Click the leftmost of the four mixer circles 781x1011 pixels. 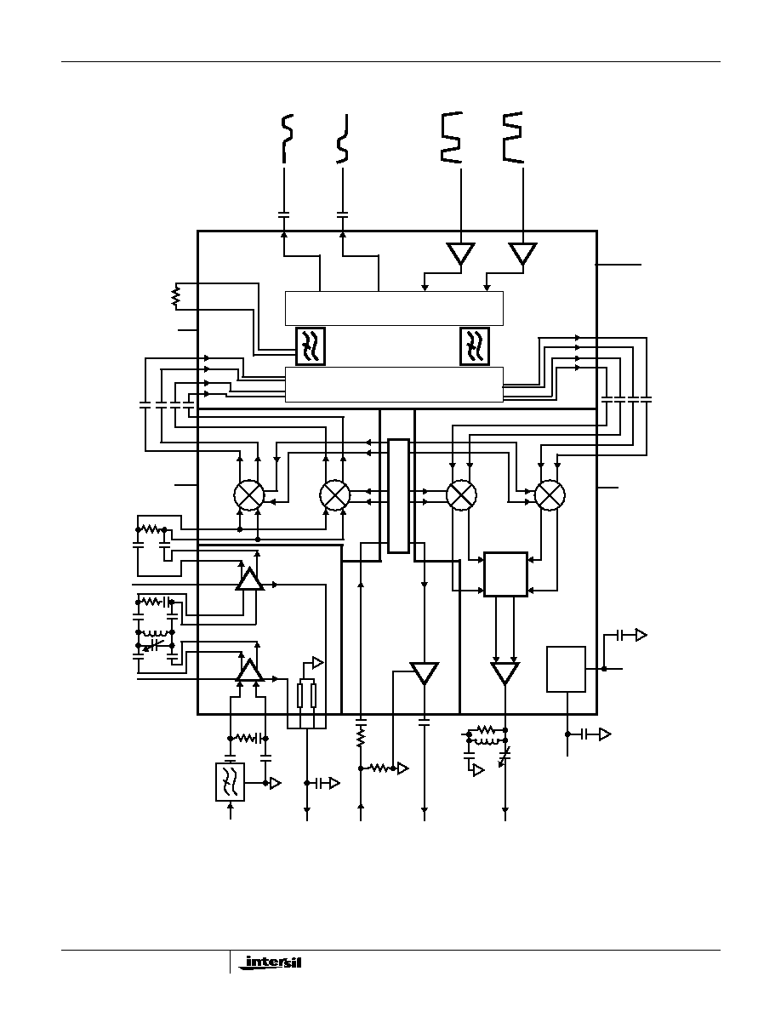[248, 495]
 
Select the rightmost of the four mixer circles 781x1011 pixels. [550, 495]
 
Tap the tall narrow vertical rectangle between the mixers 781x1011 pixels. [399, 496]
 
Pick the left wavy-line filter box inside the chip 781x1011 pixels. [310, 346]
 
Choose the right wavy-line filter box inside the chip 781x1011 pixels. [474, 346]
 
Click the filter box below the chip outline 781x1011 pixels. [230, 781]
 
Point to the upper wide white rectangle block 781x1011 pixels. [394, 309]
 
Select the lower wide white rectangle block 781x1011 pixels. [394, 385]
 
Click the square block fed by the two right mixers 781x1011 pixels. [506, 574]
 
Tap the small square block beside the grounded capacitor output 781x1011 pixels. [567, 669]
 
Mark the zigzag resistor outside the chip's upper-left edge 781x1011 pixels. [174, 297]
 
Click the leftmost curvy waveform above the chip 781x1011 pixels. [288, 138]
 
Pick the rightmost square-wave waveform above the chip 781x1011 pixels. [513, 136]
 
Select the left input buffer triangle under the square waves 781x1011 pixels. [461, 254]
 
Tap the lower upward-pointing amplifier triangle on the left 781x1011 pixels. [249, 670]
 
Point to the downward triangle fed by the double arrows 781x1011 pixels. [505, 673]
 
